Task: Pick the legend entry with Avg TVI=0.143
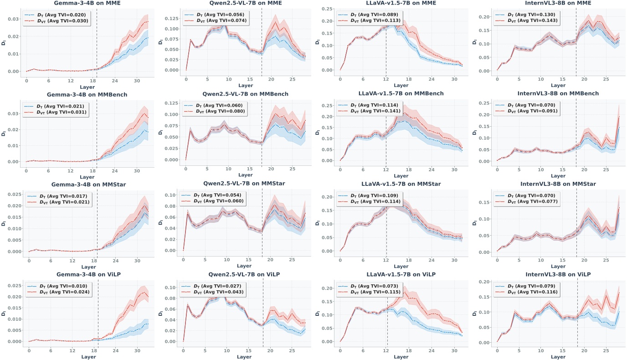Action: [x=527, y=21]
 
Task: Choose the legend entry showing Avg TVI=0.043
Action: [x=213, y=292]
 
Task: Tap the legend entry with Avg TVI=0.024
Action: [x=58, y=292]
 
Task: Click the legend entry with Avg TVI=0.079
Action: [x=527, y=285]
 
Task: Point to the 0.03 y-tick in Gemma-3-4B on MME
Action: [x=14, y=19]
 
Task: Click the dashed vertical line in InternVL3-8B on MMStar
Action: [x=576, y=219]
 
